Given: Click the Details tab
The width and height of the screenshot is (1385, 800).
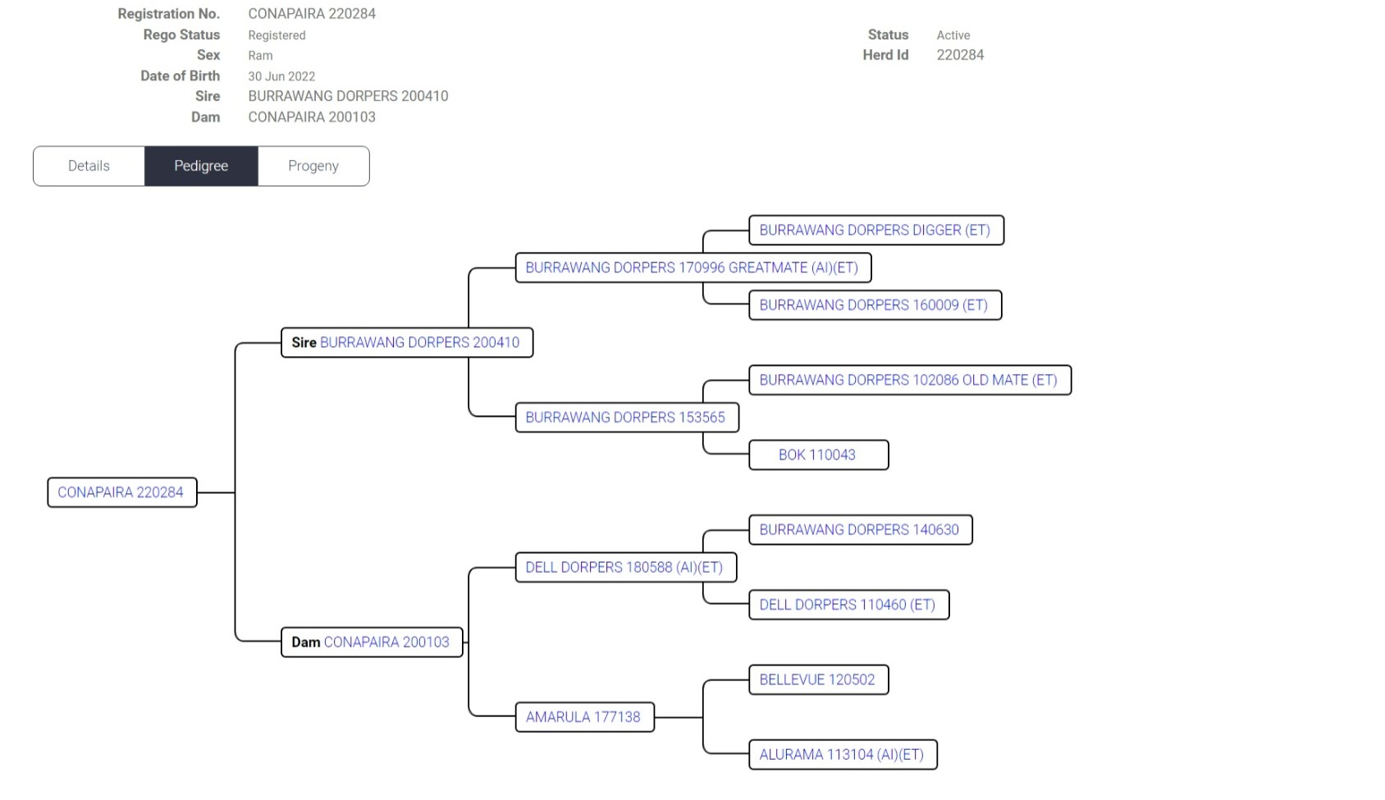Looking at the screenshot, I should tap(89, 166).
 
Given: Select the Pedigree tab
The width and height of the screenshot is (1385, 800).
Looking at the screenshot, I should tap(201, 166).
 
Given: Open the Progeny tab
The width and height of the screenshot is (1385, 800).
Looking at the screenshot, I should tap(313, 166).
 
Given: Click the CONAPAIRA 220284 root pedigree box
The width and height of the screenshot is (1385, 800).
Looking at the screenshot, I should tap(121, 492).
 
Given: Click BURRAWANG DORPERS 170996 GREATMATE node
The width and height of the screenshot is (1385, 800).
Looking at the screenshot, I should tap(692, 267).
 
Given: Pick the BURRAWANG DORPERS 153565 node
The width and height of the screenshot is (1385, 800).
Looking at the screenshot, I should tap(625, 417).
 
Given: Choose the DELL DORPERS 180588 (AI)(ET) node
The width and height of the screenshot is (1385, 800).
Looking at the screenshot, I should tap(624, 567).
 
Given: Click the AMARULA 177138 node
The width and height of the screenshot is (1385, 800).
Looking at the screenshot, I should tap(583, 716).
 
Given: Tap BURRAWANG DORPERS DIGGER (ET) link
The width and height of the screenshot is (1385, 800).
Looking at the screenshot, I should tap(875, 230).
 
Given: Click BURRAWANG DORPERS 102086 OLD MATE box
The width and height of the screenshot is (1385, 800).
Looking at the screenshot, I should tap(908, 380).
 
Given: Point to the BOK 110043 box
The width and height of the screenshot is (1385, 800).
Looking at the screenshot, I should tap(817, 455).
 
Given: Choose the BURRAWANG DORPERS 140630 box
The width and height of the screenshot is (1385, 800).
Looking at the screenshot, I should tap(859, 529).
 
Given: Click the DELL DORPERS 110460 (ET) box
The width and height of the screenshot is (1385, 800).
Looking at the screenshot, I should tap(848, 605).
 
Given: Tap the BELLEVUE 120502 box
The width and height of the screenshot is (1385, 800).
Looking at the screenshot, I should tap(817, 679).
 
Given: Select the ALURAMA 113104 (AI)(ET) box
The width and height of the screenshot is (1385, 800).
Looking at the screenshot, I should tap(842, 754).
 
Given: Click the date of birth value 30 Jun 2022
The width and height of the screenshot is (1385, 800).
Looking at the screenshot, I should tap(281, 76).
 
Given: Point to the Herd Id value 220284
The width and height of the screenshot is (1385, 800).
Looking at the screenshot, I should tap(960, 55).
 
